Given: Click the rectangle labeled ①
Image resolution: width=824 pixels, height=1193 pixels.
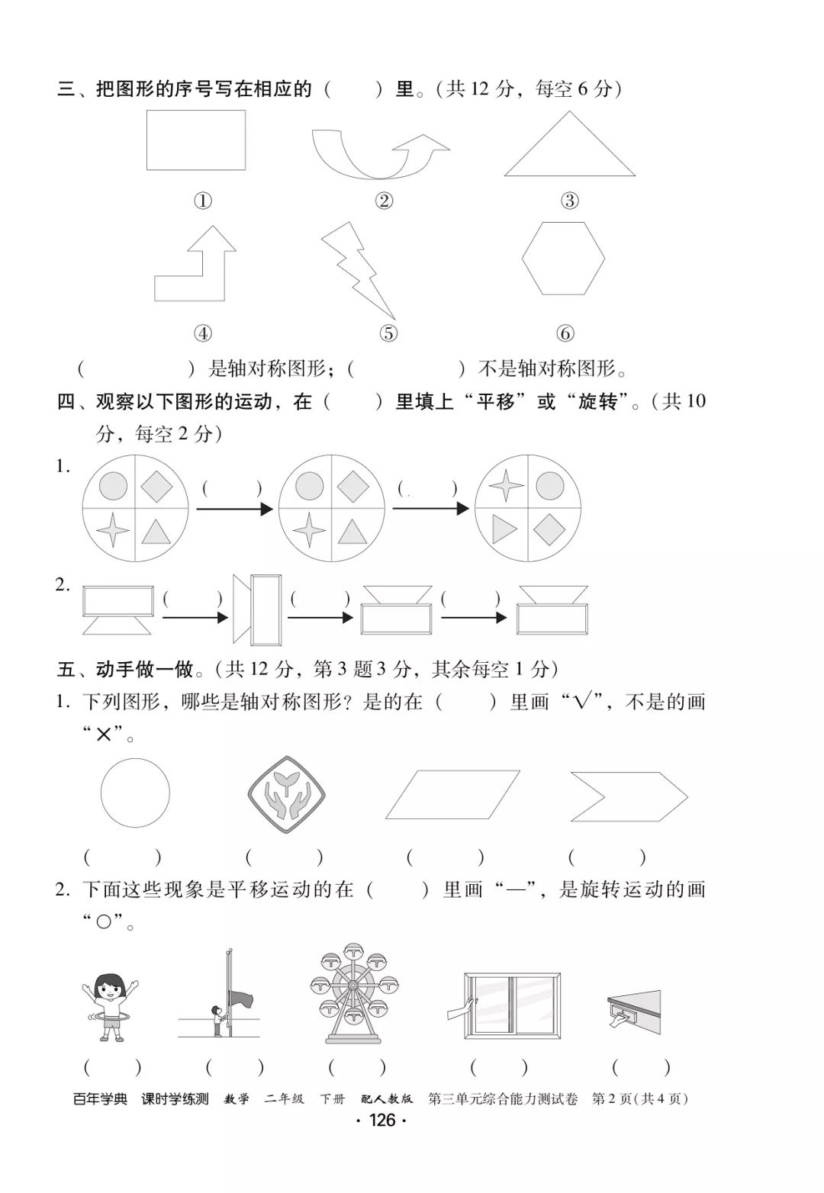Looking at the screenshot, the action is [196, 140].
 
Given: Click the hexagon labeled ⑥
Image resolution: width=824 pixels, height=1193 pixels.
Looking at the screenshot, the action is [564, 259].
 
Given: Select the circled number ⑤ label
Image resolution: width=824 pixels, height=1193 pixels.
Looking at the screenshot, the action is [388, 333].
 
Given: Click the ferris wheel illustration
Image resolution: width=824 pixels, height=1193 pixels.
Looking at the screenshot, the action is [353, 992].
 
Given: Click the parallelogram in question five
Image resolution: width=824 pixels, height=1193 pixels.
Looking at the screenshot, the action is [452, 795].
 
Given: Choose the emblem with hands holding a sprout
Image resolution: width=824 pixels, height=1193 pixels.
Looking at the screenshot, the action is [287, 793].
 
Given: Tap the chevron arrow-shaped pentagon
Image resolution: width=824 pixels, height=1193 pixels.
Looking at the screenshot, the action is [628, 797].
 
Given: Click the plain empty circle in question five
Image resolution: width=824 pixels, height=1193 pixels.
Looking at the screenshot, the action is [135, 793].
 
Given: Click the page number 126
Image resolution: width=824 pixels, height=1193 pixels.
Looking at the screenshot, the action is [382, 1120].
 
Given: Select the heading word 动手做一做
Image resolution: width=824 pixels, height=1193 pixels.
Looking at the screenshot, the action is [144, 670].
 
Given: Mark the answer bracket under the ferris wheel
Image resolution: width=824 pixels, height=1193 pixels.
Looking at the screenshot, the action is [357, 1067].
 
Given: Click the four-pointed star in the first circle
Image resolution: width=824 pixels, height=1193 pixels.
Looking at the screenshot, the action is [112, 530].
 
